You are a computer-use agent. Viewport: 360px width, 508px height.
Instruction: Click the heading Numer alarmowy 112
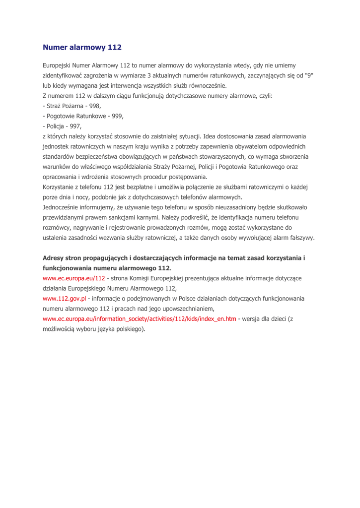pyautogui.click(x=82, y=48)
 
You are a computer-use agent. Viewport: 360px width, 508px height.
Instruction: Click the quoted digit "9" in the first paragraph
pyautogui.click(x=309, y=75)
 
